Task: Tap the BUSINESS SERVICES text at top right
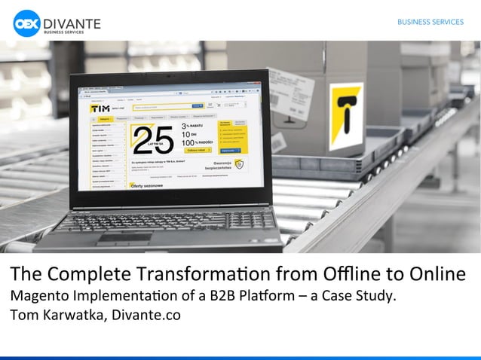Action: [x=430, y=22]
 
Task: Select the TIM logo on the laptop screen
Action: [x=101, y=108]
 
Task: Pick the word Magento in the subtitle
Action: [x=38, y=294]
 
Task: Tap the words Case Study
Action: [x=363, y=294]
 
